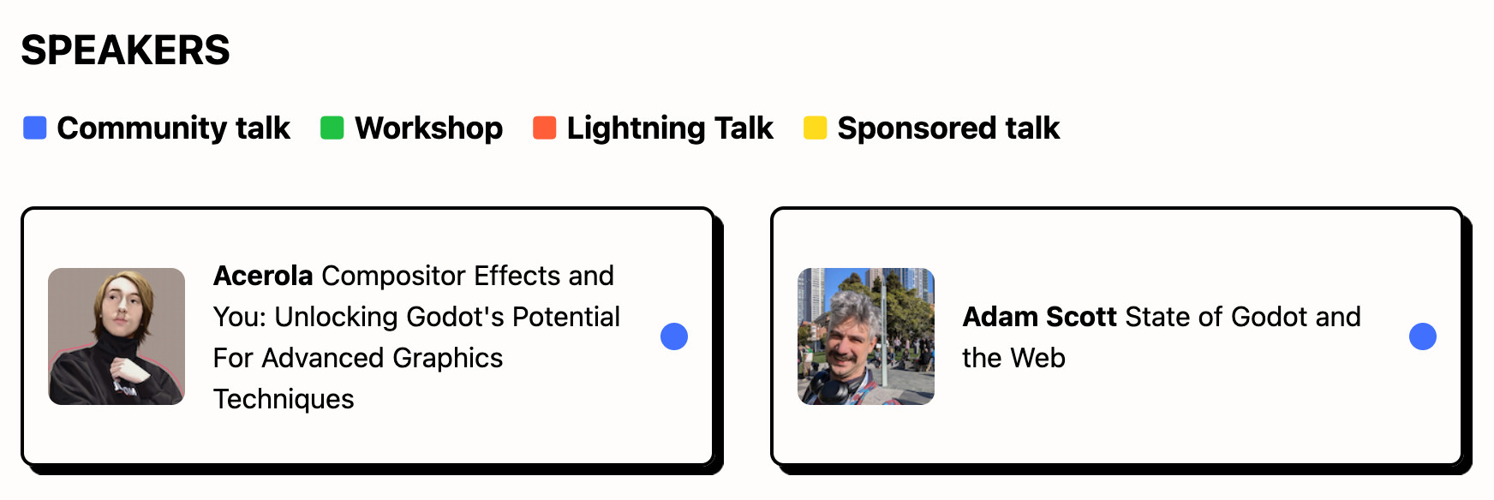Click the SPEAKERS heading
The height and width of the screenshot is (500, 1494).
125,50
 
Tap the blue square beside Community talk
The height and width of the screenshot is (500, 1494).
34,128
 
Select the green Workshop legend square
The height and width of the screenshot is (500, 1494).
332,128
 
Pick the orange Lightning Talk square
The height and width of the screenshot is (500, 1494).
544,128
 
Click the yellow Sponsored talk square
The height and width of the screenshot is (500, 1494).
815,128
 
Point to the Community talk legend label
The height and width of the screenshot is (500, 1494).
174,128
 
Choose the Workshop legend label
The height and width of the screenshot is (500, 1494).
429,128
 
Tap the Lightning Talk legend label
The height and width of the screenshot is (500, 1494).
670,128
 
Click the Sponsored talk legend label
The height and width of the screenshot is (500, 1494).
948,128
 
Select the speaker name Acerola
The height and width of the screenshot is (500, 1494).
263,276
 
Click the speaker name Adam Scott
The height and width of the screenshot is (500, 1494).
1040,317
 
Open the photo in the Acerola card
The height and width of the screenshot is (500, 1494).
117,336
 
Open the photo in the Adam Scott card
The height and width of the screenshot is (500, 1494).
866,336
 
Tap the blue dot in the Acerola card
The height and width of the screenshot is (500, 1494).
674,336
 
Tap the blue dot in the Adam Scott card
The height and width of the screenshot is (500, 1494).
1423,336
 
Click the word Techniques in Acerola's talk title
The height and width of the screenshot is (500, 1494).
284,399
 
